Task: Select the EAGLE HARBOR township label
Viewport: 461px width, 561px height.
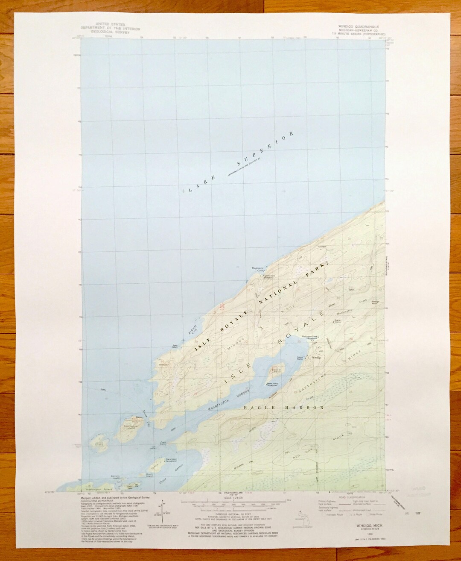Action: coord(283,408)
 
